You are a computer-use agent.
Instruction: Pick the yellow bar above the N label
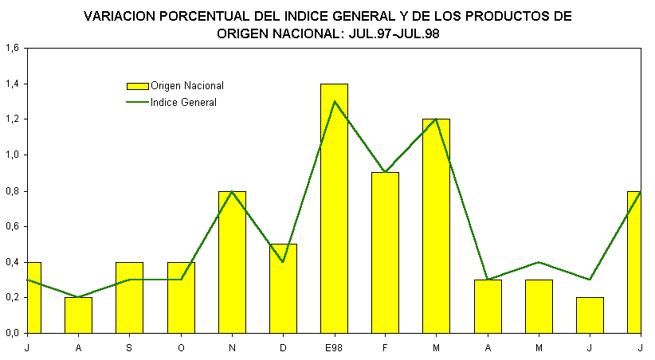232,263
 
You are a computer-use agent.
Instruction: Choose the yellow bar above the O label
181,299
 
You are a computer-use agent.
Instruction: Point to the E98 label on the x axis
334,348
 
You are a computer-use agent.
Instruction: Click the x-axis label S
129,348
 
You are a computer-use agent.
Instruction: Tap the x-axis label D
283,348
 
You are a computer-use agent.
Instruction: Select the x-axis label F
385,348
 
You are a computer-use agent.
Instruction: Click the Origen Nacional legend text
186,86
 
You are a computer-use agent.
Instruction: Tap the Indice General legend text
183,103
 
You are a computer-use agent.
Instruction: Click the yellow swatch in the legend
137,86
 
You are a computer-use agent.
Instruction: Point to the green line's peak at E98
334,101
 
